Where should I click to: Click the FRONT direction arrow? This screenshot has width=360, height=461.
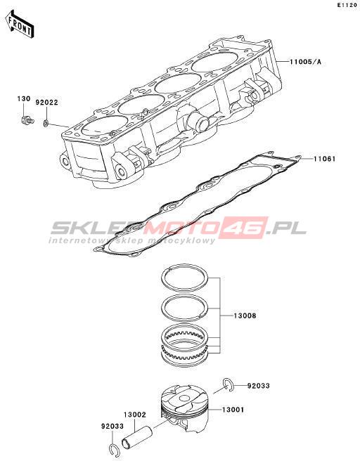pyautogui.click(x=20, y=25)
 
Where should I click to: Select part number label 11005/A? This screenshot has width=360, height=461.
pyautogui.click(x=305, y=62)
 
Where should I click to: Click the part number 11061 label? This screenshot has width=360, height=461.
pyautogui.click(x=324, y=159)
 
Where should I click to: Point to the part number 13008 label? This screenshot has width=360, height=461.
pyautogui.click(x=245, y=316)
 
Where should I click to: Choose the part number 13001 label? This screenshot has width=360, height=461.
pyautogui.click(x=233, y=409)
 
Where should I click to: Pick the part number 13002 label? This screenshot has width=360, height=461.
pyautogui.click(x=135, y=415)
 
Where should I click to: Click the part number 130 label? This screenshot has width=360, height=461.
pyautogui.click(x=24, y=99)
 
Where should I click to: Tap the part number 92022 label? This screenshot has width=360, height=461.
pyautogui.click(x=47, y=103)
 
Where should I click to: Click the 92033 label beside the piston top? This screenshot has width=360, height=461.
pyautogui.click(x=258, y=385)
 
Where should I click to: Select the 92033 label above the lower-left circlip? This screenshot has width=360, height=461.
pyautogui.click(x=112, y=426)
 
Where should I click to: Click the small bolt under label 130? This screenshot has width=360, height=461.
pyautogui.click(x=27, y=120)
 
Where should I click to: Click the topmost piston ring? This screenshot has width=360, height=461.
pyautogui.click(x=186, y=266)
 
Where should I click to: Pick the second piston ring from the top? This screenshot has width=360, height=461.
pyautogui.click(x=186, y=297)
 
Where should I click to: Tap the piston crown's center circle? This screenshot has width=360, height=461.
pyautogui.click(x=184, y=398)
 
